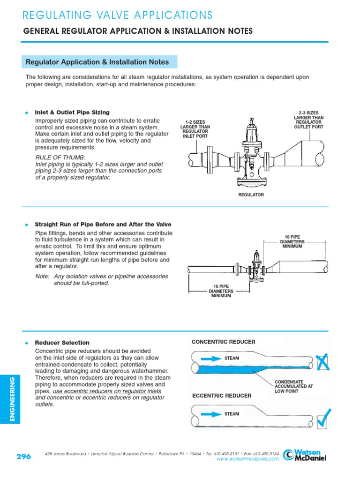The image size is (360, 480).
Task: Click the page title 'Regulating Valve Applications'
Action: (118, 15)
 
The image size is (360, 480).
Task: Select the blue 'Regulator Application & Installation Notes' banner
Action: (99, 62)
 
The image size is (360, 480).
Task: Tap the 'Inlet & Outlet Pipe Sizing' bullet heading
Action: (72, 112)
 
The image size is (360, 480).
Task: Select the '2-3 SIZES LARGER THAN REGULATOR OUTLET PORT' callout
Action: (308, 120)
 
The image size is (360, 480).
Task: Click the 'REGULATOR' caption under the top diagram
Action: (251, 195)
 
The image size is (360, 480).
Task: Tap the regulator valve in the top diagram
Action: (251, 155)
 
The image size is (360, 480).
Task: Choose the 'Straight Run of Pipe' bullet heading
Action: (103, 225)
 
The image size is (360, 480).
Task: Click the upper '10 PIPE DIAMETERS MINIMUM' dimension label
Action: (292, 242)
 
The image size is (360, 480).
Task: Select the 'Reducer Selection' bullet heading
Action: (62, 343)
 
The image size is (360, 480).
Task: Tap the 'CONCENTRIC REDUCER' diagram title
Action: (224, 342)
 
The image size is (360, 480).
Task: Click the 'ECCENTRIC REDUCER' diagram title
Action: (222, 396)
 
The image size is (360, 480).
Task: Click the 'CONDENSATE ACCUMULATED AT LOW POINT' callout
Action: (293, 386)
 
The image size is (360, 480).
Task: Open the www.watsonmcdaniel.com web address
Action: (247, 459)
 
